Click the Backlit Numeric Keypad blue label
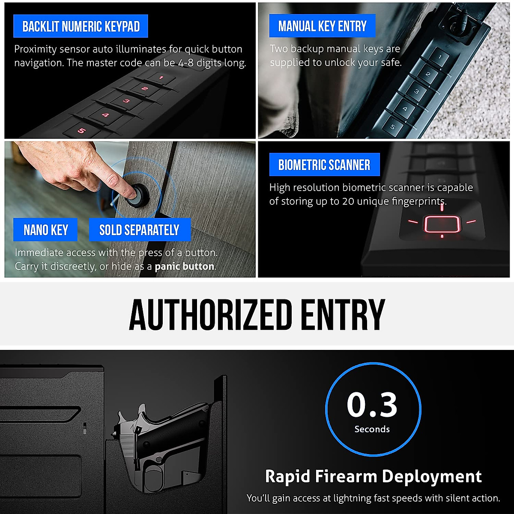click(x=81, y=27)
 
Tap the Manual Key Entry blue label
click(x=322, y=27)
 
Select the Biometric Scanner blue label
click(x=324, y=165)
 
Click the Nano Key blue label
click(x=45, y=230)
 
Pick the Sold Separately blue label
click(x=139, y=230)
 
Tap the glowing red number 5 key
click(x=81, y=131)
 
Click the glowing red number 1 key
click(x=161, y=78)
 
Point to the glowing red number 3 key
click(x=126, y=101)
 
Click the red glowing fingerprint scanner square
click(x=442, y=224)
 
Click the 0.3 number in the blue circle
click(x=372, y=405)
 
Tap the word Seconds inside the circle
click(x=372, y=429)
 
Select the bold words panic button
click(x=184, y=266)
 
